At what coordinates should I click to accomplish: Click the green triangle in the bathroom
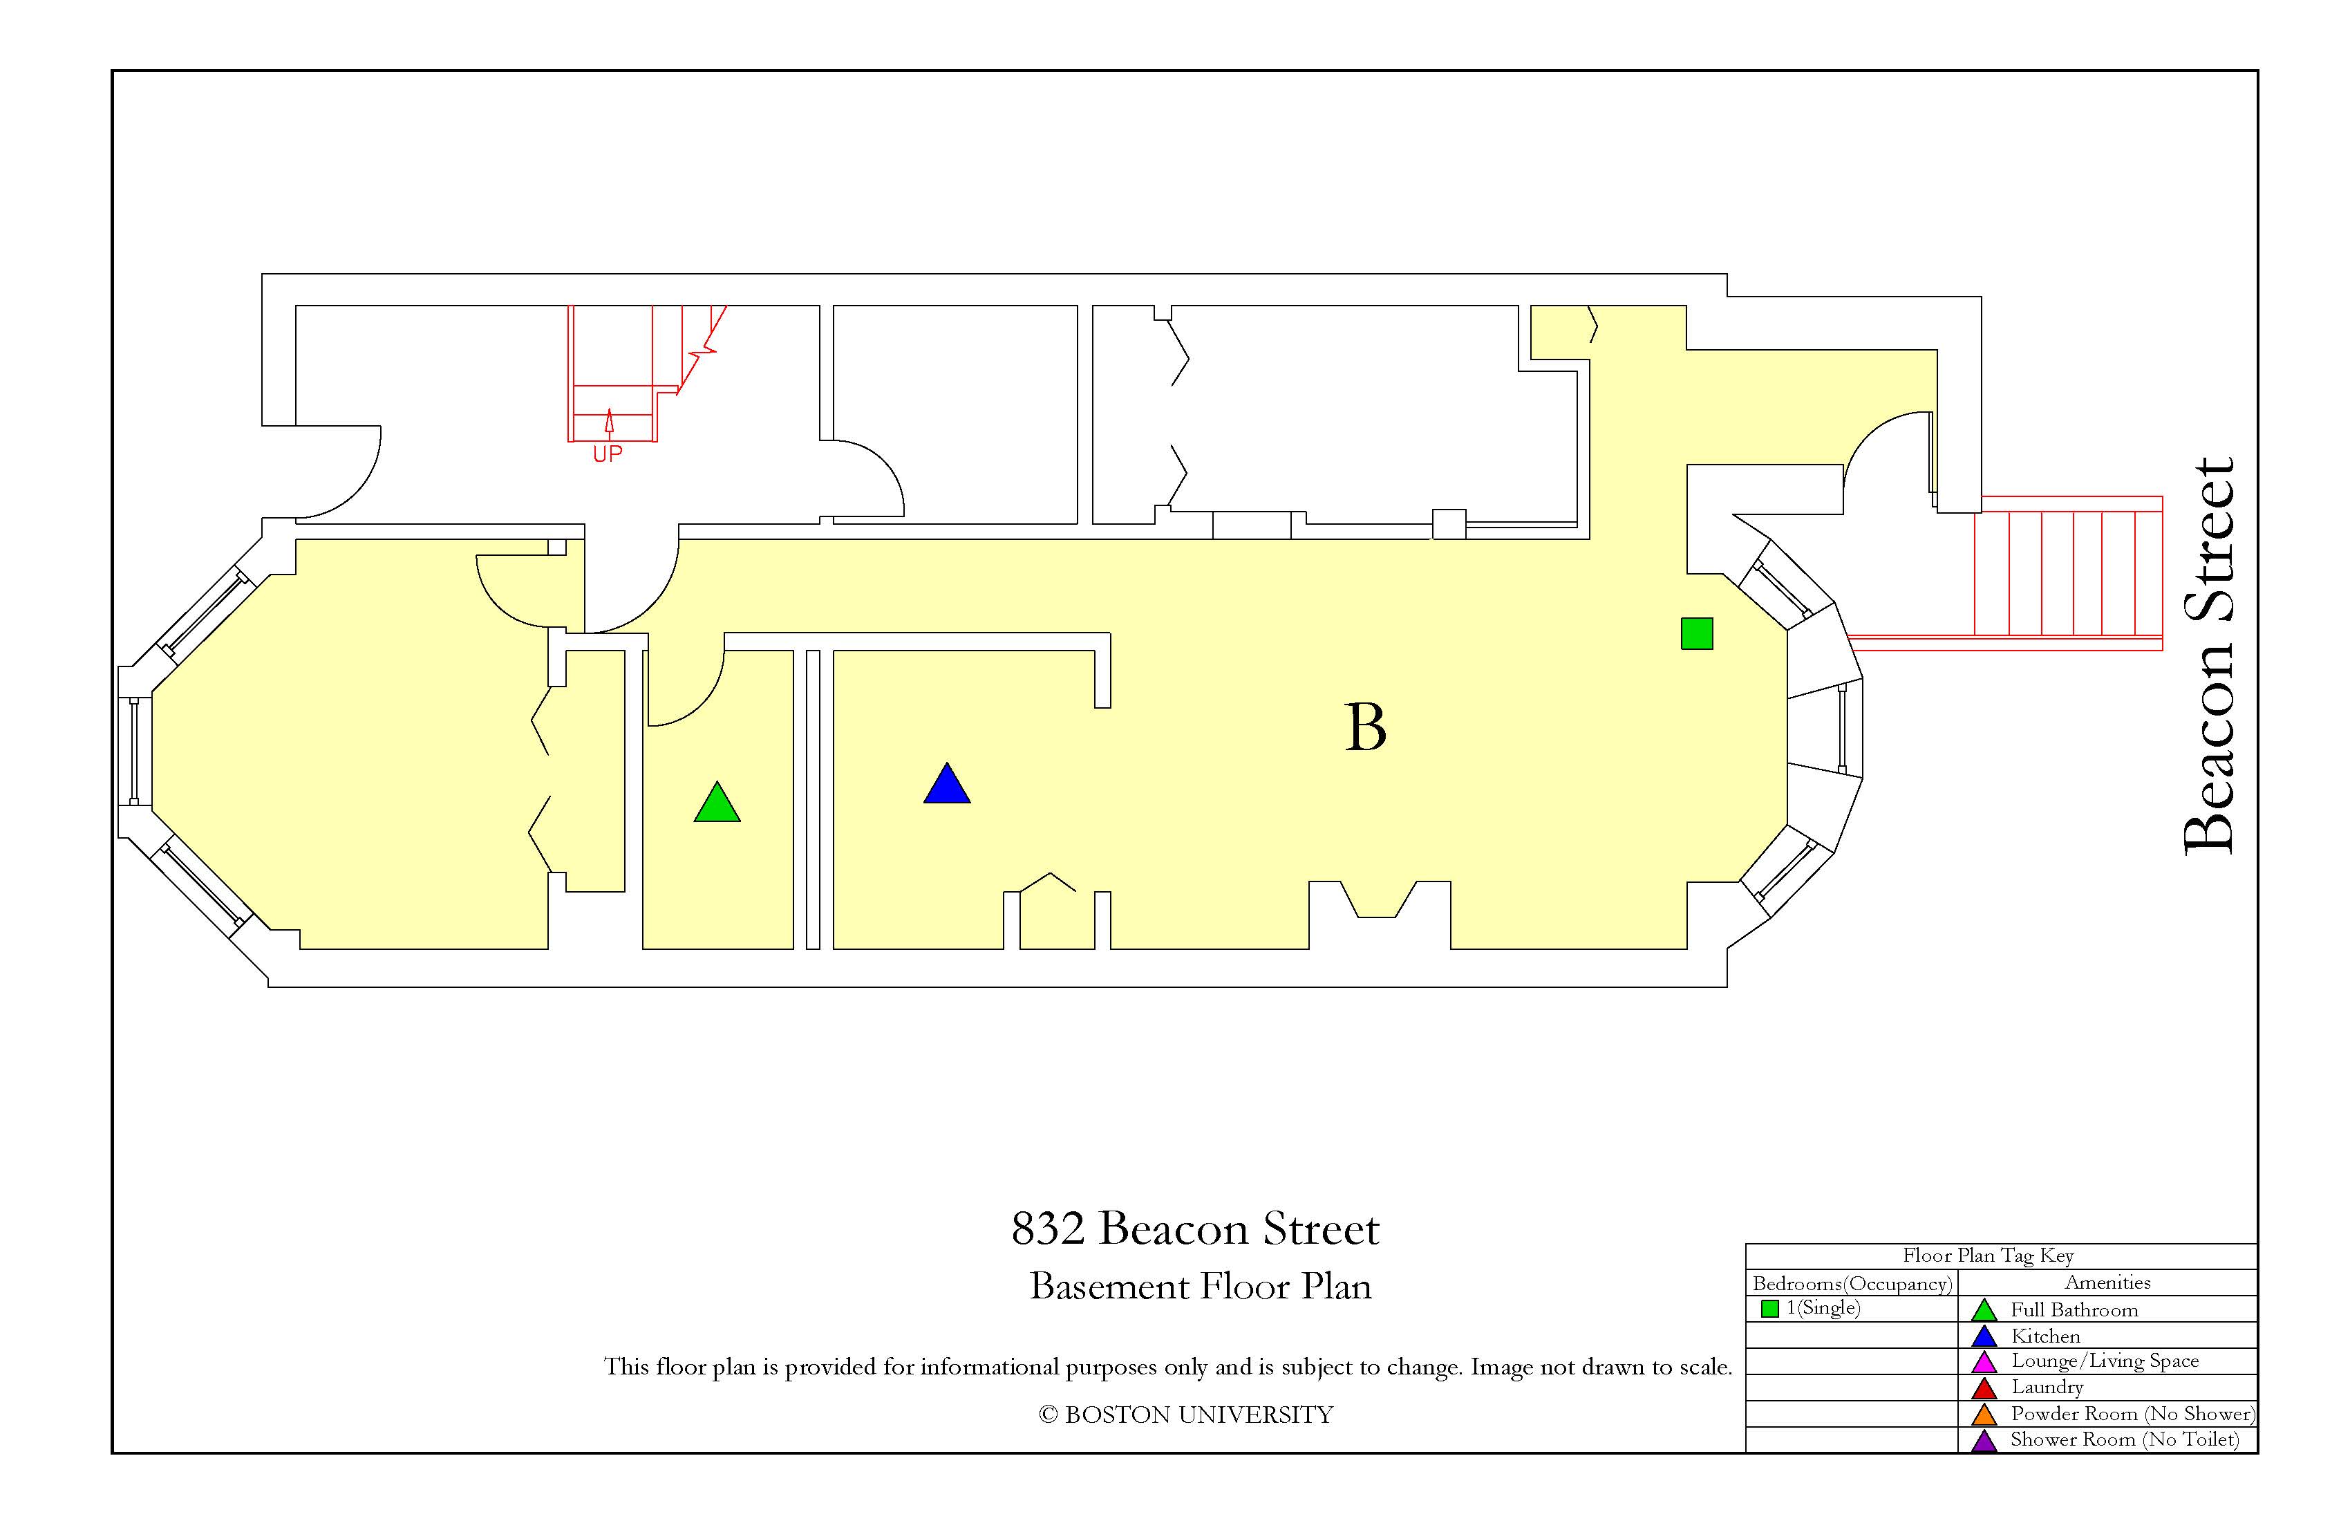(x=717, y=805)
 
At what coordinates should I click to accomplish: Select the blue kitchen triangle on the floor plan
(x=947, y=785)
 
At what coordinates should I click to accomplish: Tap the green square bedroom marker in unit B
(x=1696, y=633)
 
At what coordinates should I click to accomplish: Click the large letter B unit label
(x=1366, y=728)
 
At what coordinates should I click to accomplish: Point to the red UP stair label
(x=608, y=454)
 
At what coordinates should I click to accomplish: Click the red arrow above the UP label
(x=609, y=422)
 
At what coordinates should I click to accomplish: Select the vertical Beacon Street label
(x=2209, y=656)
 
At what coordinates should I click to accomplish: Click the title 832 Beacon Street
(x=1195, y=1229)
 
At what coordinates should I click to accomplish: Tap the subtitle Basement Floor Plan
(x=1201, y=1286)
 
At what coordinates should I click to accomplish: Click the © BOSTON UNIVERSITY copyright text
(x=1186, y=1415)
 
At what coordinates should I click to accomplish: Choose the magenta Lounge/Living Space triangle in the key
(x=1984, y=1362)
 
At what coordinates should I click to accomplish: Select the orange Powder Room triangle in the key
(x=1984, y=1415)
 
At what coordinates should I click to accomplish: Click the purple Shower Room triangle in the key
(x=1984, y=1441)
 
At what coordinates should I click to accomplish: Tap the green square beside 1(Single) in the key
(x=1769, y=1309)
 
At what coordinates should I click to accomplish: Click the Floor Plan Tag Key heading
(x=1989, y=1256)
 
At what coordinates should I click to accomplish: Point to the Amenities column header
(x=2108, y=1282)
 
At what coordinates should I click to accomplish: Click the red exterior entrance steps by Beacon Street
(x=2069, y=573)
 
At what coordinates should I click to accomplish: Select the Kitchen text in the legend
(x=2046, y=1336)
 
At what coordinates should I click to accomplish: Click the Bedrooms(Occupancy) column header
(x=1852, y=1284)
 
